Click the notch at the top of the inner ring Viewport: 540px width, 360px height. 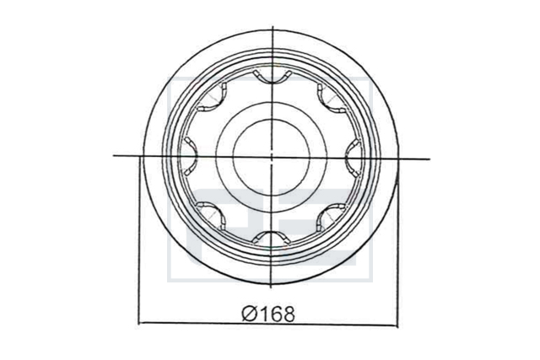[272, 79]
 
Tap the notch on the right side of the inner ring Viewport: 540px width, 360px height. [350, 158]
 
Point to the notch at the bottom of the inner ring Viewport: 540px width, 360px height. [272, 236]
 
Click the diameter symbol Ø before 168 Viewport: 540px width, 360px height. [250, 314]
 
